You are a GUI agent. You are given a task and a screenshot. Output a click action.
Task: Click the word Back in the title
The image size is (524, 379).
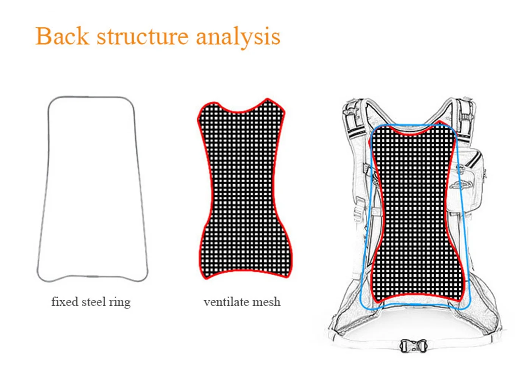pos(62,36)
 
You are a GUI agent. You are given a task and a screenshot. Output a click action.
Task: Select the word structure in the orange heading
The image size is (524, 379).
pos(142,37)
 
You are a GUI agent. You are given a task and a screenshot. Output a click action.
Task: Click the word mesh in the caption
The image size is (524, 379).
pos(266,302)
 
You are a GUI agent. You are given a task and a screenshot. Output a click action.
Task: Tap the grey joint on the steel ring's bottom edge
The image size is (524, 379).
pos(92,277)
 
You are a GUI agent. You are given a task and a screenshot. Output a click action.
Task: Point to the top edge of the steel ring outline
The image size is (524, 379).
pos(91,97)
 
